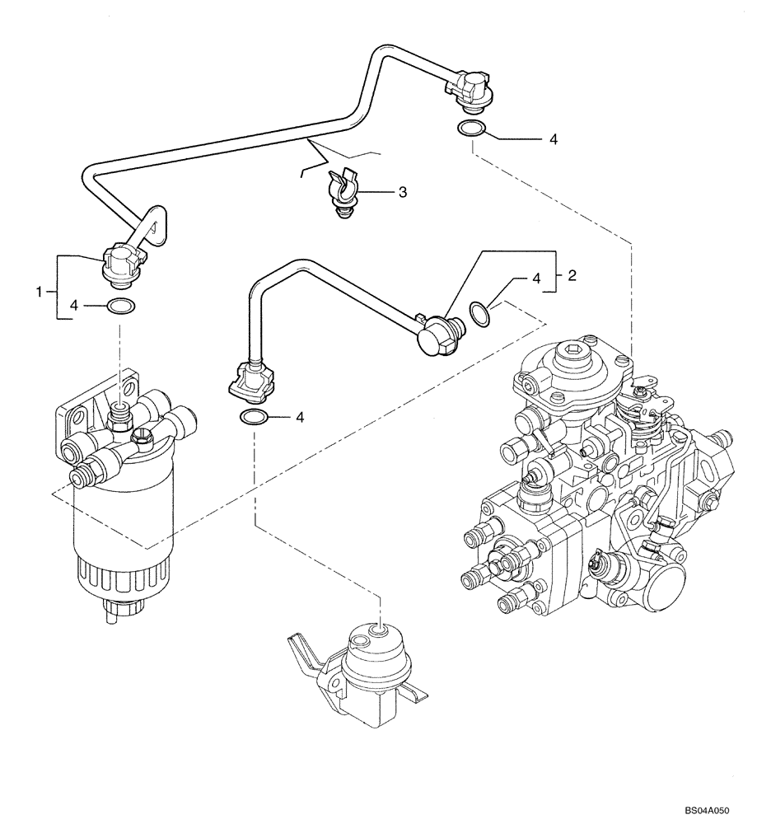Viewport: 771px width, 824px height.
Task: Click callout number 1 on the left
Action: tap(38, 291)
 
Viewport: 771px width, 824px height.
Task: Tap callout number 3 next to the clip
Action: tap(402, 192)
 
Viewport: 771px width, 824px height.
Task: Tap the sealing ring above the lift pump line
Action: tap(254, 418)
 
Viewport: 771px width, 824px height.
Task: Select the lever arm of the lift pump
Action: tap(306, 651)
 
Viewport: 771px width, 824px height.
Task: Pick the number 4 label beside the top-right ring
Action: tap(553, 140)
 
